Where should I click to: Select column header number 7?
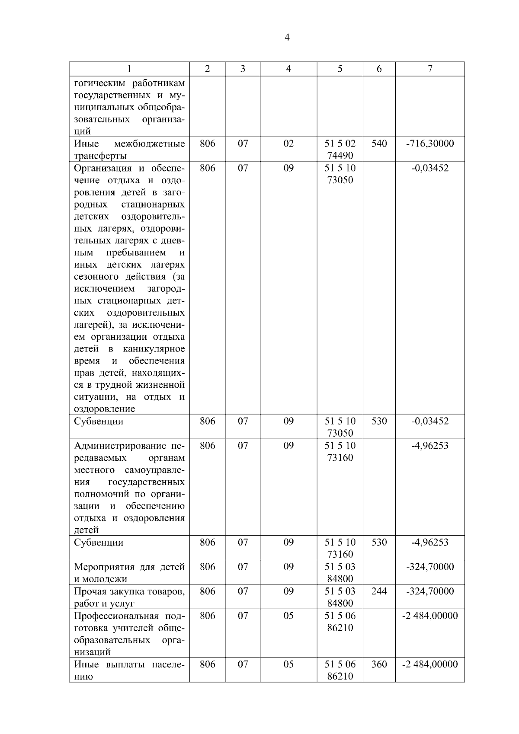pyautogui.click(x=430, y=69)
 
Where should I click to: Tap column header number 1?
pyautogui.click(x=129, y=69)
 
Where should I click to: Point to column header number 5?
pyautogui.click(x=340, y=69)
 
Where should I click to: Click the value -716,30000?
pyautogui.click(x=430, y=144)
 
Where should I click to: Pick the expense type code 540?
pyautogui.click(x=379, y=144)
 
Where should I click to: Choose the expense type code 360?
pyautogui.click(x=379, y=664)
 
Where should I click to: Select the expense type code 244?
pyautogui.click(x=379, y=591)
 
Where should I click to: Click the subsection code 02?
pyautogui.click(x=288, y=144)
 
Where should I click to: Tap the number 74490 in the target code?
pyautogui.click(x=340, y=156)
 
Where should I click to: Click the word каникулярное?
pyautogui.click(x=154, y=349)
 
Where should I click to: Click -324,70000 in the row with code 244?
pyautogui.click(x=430, y=591)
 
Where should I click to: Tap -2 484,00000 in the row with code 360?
pyautogui.click(x=430, y=664)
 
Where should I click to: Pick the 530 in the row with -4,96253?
pyautogui.click(x=379, y=543)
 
